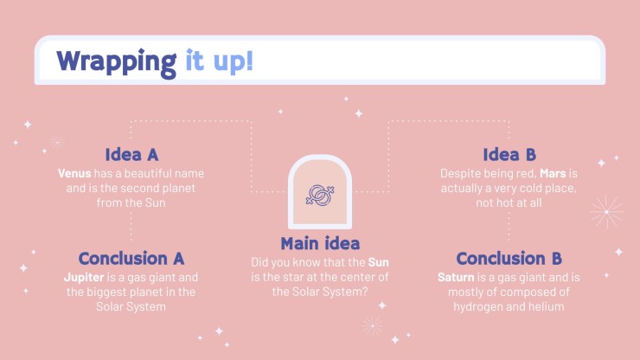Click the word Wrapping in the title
click(x=117, y=62)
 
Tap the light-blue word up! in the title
click(x=233, y=62)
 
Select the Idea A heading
click(x=131, y=154)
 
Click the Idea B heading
click(x=509, y=154)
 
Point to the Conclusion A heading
click(x=131, y=258)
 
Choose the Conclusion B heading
click(x=509, y=258)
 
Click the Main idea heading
click(x=320, y=243)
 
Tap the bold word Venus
click(x=74, y=173)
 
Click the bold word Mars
click(x=553, y=173)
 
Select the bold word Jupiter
click(x=84, y=278)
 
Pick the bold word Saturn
click(x=456, y=277)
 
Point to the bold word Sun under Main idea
click(x=378, y=262)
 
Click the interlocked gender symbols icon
click(x=320, y=195)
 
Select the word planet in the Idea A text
click(x=177, y=189)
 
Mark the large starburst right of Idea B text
click(x=606, y=212)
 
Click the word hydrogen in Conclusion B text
click(x=476, y=307)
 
